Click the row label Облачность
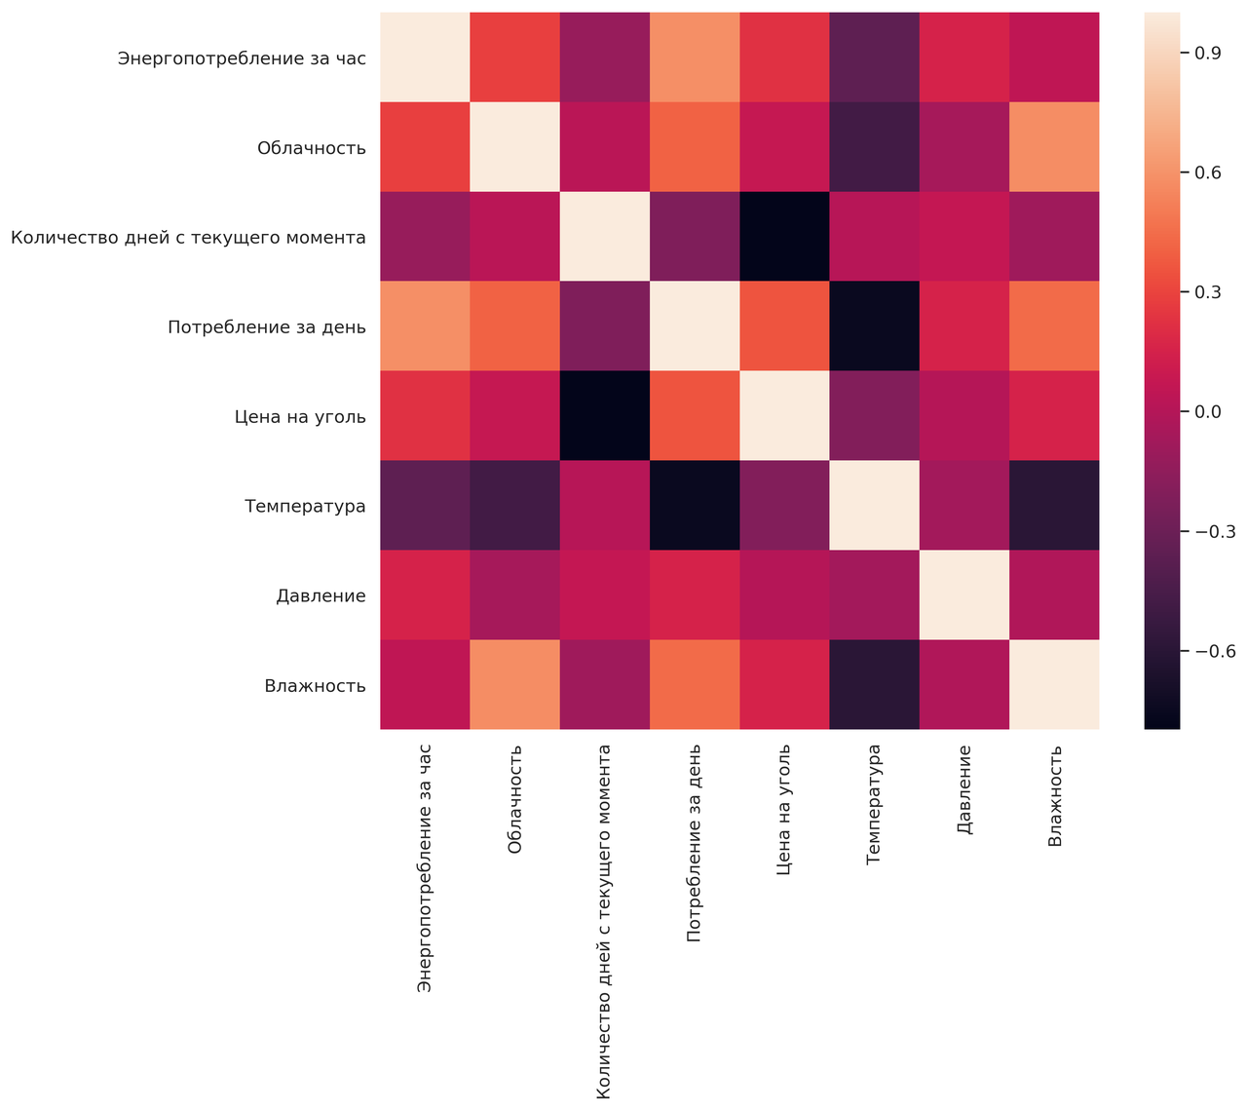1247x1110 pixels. coord(312,148)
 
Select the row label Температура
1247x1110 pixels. coord(305,506)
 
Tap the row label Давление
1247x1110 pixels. coord(321,595)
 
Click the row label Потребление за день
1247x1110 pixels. coord(267,327)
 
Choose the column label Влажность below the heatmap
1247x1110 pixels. coord(1055,795)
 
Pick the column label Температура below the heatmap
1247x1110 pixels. coord(875,805)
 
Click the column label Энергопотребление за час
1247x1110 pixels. coord(425,868)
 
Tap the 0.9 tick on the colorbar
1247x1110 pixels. coord(1209,53)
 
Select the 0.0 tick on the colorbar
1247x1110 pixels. coord(1209,411)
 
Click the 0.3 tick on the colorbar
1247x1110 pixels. coord(1209,291)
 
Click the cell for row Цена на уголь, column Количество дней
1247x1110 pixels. coord(605,416)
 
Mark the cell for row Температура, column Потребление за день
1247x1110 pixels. coord(695,506)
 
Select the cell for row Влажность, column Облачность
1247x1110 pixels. coord(515,684)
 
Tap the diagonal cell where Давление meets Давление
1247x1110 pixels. coord(964,595)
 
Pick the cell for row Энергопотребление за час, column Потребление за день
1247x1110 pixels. coord(695,58)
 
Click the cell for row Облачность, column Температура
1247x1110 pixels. coord(875,148)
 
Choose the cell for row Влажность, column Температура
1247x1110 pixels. coord(875,684)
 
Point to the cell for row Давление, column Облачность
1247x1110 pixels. coord(515,595)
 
